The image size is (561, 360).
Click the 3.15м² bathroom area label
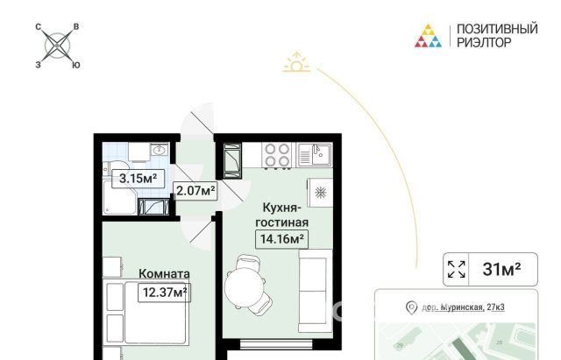pos(138,179)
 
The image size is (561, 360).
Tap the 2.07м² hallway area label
pos(195,191)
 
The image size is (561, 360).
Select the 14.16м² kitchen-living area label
pos(282,239)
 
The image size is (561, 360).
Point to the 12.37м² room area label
pos(165,293)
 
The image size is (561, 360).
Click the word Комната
pos(164,274)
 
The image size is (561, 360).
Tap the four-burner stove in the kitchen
pos(277,155)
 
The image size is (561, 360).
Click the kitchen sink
pos(315,154)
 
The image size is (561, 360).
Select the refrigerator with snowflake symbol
pos(320,193)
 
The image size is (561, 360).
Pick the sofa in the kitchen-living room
pos(316,291)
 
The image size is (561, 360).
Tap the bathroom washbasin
pos(160,150)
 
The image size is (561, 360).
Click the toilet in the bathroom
pos(116,169)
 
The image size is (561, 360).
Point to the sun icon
pos(296,62)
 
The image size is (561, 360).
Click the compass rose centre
pos(57,46)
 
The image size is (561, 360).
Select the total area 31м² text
pos(501,269)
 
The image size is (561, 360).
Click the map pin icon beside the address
pos(412,307)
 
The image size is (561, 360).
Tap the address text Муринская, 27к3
pos(472,307)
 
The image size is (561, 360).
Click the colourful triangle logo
pos(428,36)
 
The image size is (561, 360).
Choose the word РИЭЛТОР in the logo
pos(484,43)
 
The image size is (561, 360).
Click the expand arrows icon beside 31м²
pos(457,269)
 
